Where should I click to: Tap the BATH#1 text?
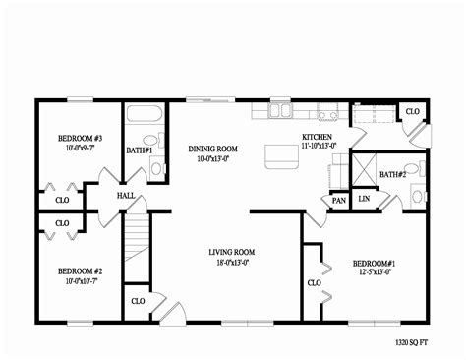pyautogui.click(x=139, y=150)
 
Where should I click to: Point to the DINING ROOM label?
pyautogui.click(x=213, y=149)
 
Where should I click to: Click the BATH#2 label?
pyautogui.click(x=393, y=175)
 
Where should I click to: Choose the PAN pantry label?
pyautogui.click(x=338, y=201)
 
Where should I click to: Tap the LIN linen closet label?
pyautogui.click(x=365, y=199)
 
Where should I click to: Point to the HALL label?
pyautogui.click(x=127, y=196)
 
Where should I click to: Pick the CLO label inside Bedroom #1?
pyautogui.click(x=315, y=283)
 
